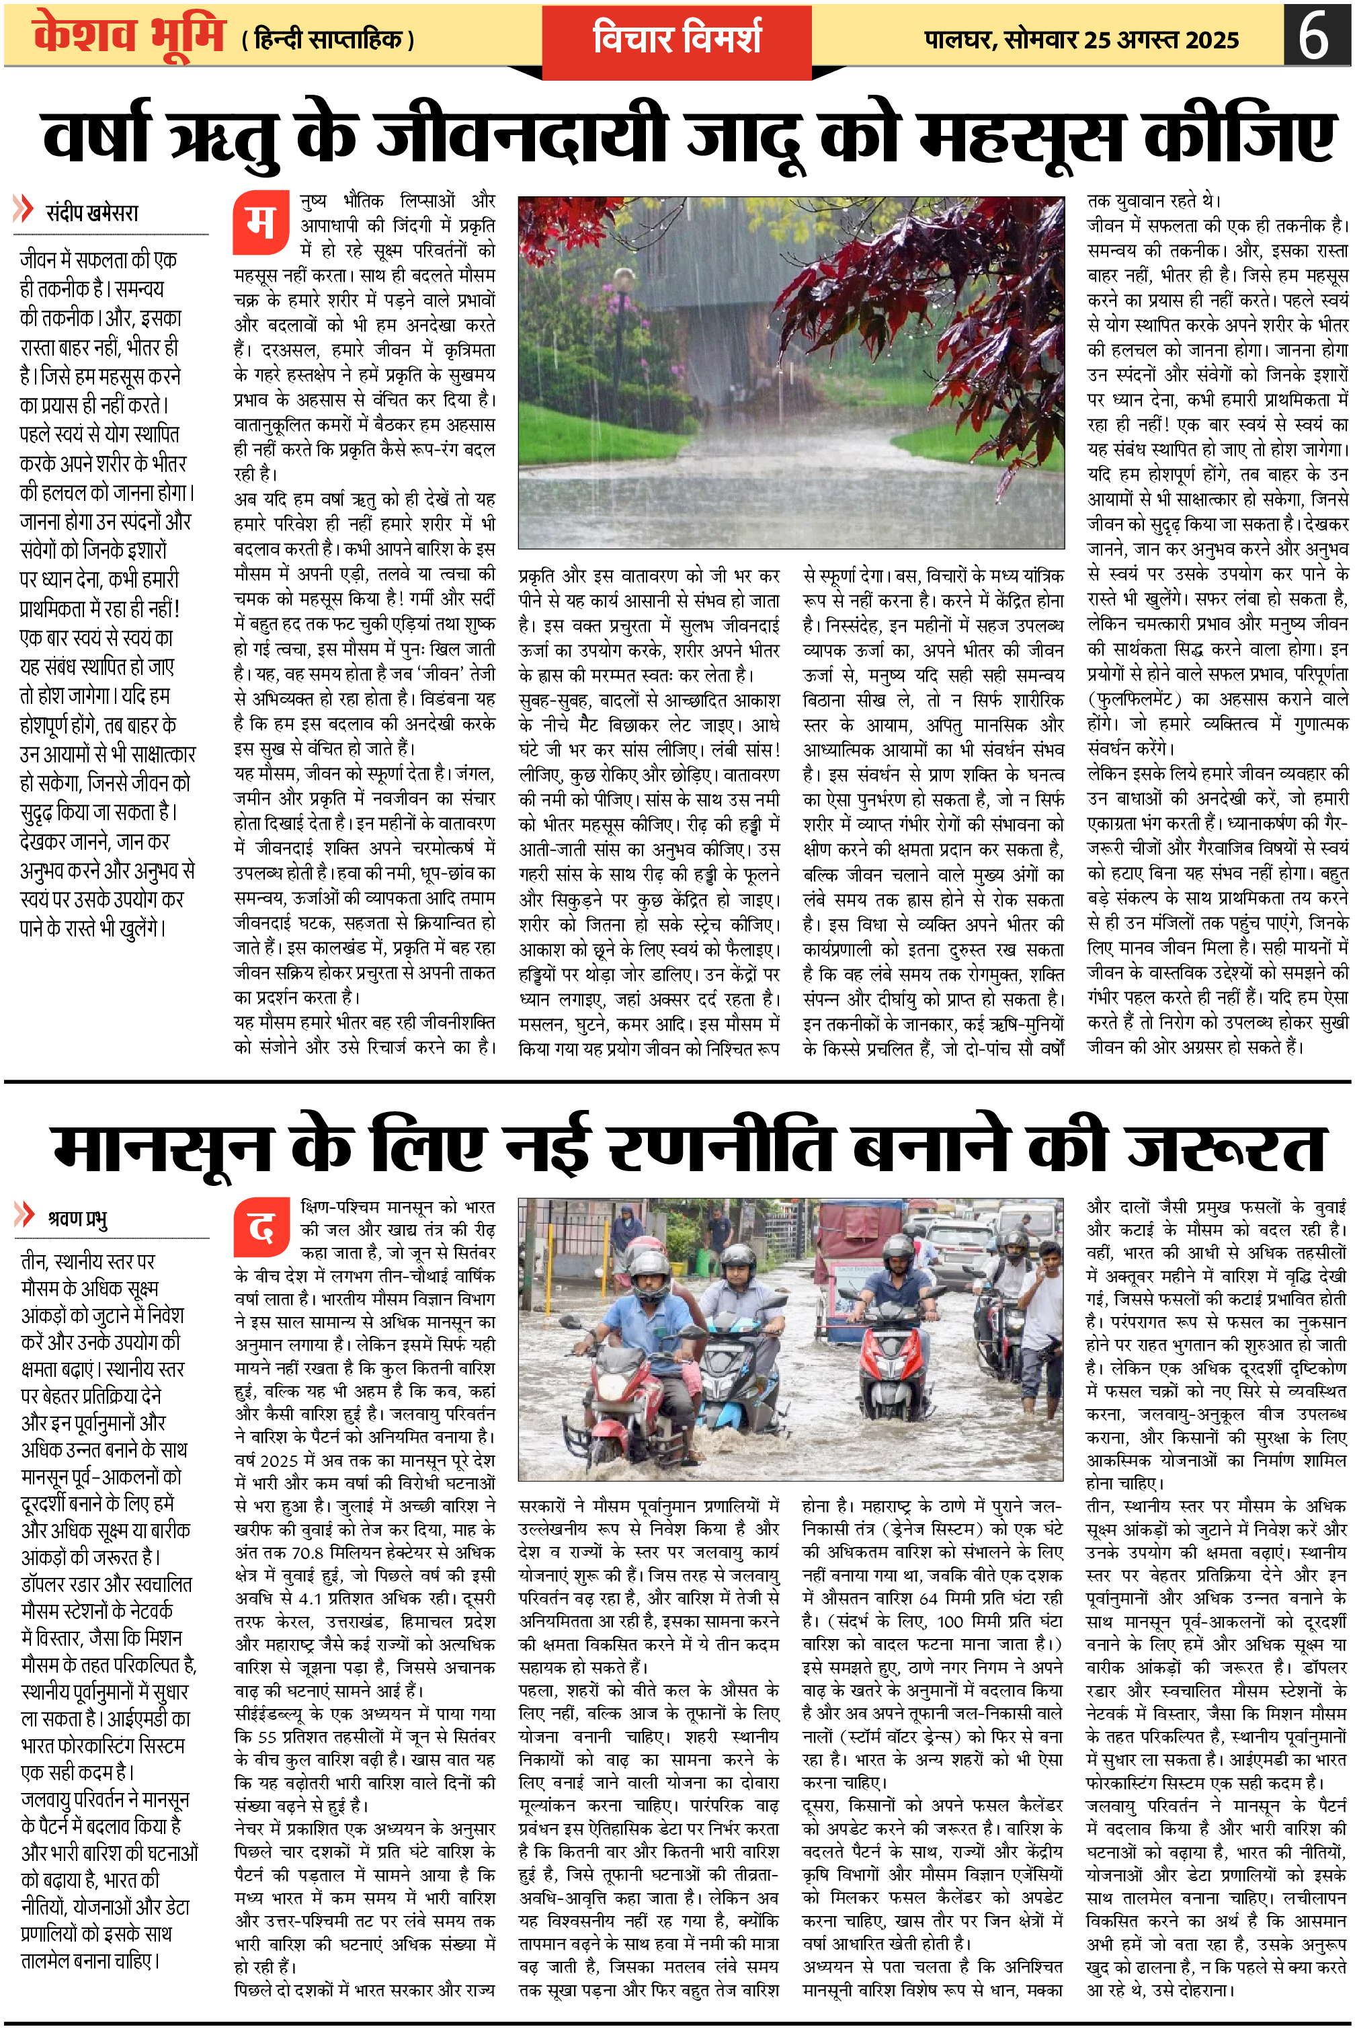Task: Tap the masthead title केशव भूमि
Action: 130,36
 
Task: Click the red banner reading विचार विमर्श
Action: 677,39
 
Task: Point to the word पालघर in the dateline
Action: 958,40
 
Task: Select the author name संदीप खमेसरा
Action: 91,212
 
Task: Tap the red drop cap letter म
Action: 260,223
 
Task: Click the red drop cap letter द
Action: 260,1227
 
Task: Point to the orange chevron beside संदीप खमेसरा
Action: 24,209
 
